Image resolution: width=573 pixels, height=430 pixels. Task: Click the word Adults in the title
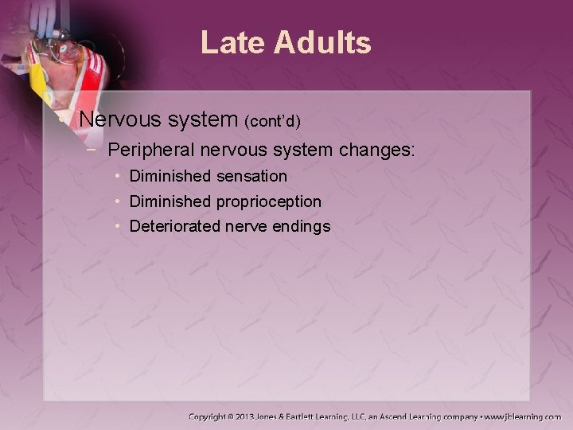[x=325, y=43]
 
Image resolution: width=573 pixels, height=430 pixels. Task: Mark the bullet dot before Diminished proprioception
[x=117, y=201]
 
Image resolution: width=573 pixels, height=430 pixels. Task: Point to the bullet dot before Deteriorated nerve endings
[x=117, y=227]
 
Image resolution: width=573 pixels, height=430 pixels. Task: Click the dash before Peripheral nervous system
[x=95, y=149]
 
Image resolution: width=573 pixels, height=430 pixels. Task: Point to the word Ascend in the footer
[x=405, y=416]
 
